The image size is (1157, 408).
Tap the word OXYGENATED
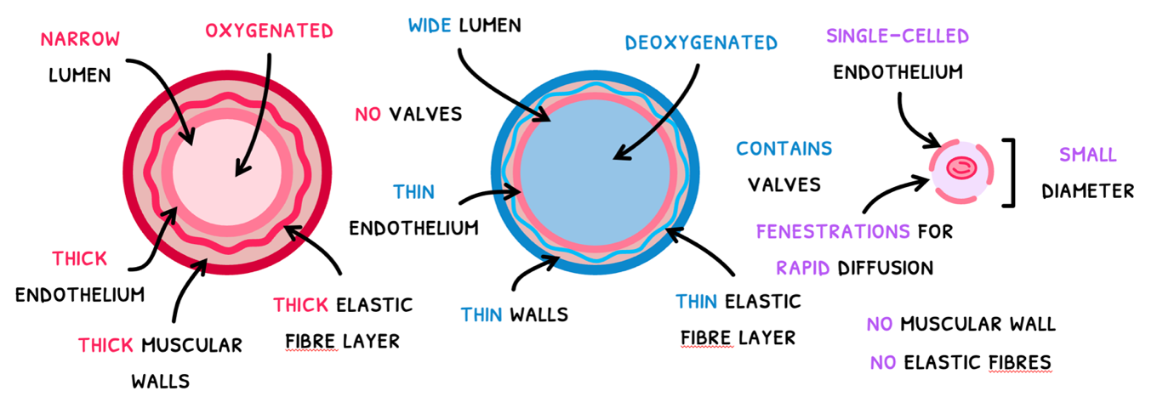tap(268, 31)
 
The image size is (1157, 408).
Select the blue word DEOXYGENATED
tap(701, 42)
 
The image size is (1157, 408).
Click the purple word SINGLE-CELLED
tap(897, 37)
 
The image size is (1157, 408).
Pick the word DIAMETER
tap(1087, 191)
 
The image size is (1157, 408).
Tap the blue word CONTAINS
tap(784, 149)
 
